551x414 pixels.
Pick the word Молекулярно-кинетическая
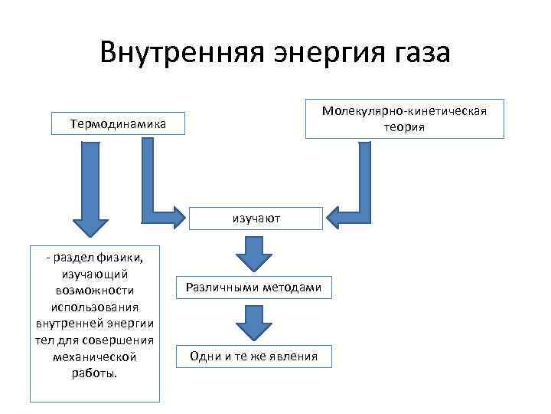(404, 111)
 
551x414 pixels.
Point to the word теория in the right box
(405, 127)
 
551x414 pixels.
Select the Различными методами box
(255, 287)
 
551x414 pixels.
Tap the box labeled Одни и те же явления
(255, 356)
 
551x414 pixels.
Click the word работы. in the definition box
(96, 374)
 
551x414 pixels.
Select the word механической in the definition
(96, 357)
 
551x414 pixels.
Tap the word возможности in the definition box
(96, 291)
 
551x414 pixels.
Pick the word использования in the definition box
(96, 307)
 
